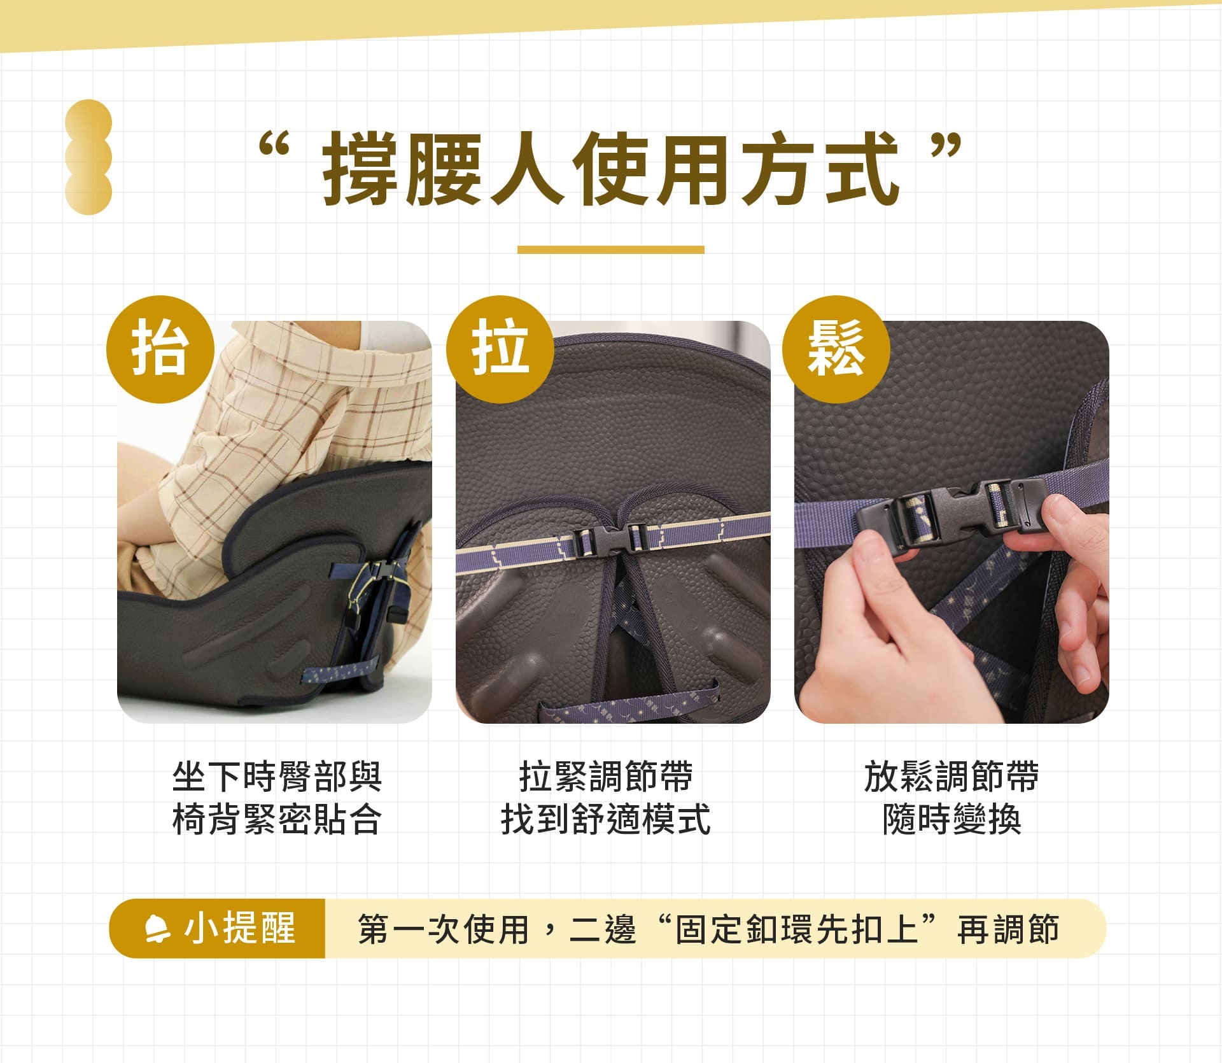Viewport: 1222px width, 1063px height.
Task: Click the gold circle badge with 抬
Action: tap(160, 349)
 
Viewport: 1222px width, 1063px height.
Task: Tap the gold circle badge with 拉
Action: tap(500, 349)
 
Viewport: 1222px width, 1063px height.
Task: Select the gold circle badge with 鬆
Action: tap(835, 349)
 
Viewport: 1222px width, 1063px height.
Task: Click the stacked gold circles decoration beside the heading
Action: tap(88, 157)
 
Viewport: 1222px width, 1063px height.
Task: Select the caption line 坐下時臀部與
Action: tap(277, 776)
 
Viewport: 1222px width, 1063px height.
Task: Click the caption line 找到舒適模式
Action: tap(605, 819)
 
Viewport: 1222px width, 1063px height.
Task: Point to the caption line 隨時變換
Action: tap(952, 819)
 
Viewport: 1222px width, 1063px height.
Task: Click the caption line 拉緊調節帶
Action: tap(605, 776)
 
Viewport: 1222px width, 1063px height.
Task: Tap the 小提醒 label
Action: tap(240, 928)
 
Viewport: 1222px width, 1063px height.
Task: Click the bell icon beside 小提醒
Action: tap(157, 929)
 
